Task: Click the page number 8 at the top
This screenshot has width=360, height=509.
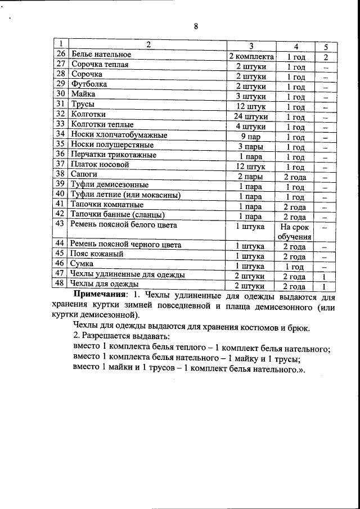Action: pyautogui.click(x=196, y=26)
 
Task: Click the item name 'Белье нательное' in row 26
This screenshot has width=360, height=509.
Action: pyautogui.click(x=101, y=55)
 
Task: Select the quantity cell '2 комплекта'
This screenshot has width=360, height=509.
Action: pyautogui.click(x=251, y=57)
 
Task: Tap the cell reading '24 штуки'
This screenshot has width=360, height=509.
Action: pyautogui.click(x=251, y=117)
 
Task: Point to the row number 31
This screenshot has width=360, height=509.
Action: pyautogui.click(x=61, y=104)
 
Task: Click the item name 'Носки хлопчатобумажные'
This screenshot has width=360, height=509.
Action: pyautogui.click(x=119, y=134)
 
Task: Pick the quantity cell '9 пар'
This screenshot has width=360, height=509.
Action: pyautogui.click(x=251, y=137)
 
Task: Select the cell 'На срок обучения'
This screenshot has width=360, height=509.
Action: pyautogui.click(x=294, y=231)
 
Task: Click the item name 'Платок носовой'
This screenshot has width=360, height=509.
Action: pyautogui.click(x=100, y=164)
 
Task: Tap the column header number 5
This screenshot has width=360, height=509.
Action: pyautogui.click(x=326, y=46)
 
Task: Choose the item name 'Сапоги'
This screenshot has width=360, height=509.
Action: pyautogui.click(x=84, y=174)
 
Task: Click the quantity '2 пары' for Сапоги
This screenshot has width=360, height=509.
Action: pyautogui.click(x=251, y=177)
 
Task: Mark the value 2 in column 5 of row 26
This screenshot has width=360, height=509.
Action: pyautogui.click(x=326, y=57)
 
